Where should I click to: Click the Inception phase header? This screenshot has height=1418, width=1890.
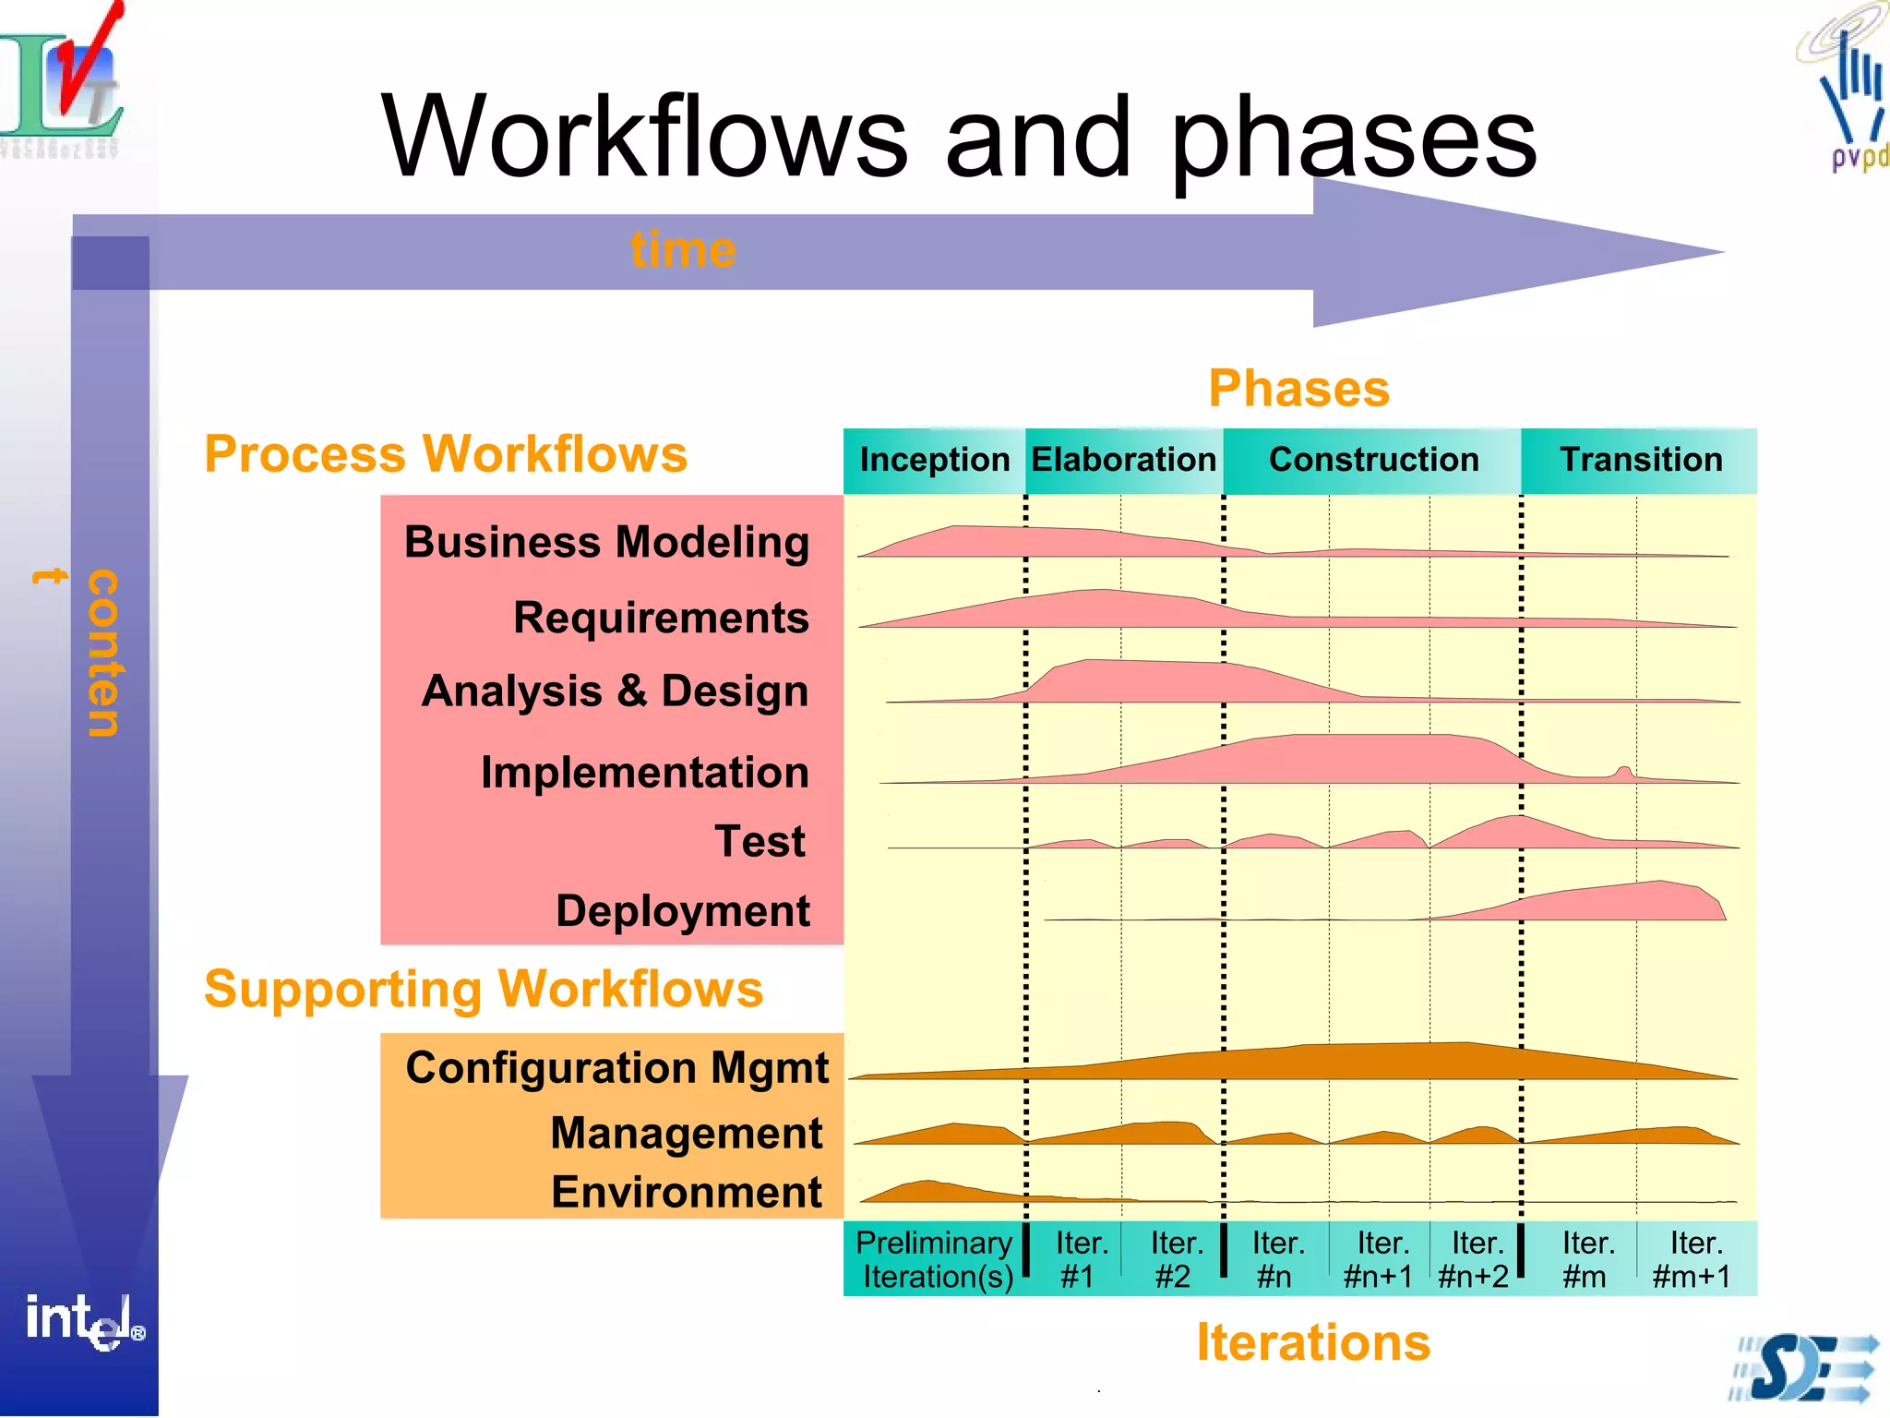934,460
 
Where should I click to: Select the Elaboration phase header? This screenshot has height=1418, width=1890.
1123,460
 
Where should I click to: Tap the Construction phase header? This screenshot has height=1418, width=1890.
1373,460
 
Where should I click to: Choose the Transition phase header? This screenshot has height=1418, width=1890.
1641,460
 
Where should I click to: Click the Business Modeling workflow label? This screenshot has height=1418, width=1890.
606,542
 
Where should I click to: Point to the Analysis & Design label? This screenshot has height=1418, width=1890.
615,691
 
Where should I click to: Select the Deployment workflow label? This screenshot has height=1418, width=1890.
682,911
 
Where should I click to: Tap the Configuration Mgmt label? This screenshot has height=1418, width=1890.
616,1068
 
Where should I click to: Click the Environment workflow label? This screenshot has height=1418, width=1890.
686,1192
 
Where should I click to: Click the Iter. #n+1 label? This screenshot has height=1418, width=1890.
1379,1259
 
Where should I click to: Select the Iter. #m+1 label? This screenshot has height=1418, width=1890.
1693,1259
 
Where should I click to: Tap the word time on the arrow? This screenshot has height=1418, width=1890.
683,250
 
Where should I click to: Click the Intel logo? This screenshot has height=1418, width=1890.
84,1320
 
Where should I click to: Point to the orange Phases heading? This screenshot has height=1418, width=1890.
1298,389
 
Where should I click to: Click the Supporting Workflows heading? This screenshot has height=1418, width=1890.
484,990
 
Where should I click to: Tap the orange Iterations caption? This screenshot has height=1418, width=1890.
1312,1342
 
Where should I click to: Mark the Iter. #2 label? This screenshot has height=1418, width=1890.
1175,1259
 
